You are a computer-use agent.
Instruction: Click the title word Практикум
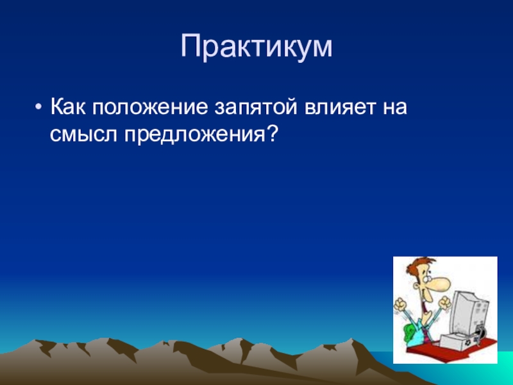click(x=256, y=47)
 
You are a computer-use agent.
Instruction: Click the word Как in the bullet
click(x=68, y=107)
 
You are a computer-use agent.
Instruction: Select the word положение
click(x=149, y=107)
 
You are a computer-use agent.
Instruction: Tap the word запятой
click(x=255, y=107)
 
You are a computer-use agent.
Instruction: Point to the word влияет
click(x=340, y=107)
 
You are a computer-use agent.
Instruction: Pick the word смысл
click(x=83, y=134)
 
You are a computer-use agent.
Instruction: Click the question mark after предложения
click(x=272, y=133)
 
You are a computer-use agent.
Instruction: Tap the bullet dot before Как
click(x=38, y=107)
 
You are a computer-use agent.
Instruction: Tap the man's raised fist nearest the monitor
click(x=444, y=303)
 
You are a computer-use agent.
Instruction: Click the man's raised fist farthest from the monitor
click(x=399, y=305)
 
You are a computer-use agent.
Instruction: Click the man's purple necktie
click(x=426, y=330)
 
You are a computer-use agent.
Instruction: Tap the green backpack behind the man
click(x=409, y=333)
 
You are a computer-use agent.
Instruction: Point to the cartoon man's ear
click(x=417, y=285)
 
